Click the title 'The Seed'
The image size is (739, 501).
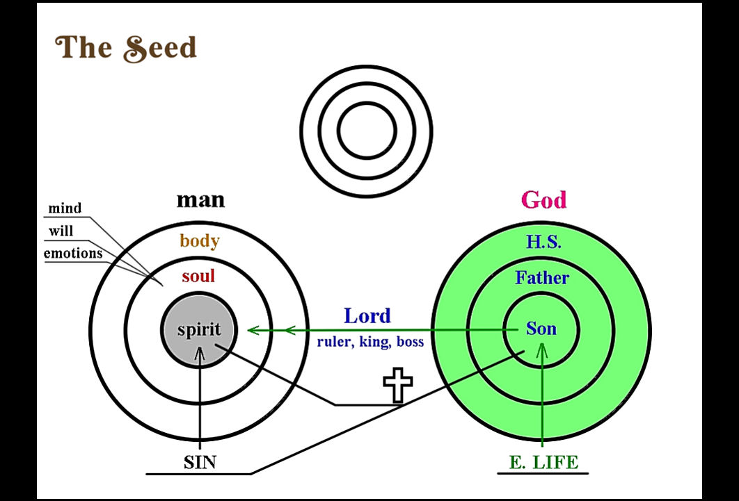(126, 48)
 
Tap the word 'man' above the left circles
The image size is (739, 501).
(201, 200)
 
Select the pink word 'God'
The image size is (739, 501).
(544, 200)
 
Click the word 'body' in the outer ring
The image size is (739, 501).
(200, 241)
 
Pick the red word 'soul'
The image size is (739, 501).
(198, 276)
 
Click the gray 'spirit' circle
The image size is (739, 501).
(199, 329)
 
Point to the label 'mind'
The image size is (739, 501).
(65, 208)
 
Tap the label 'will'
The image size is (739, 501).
(61, 231)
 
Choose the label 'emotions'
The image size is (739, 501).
(73, 253)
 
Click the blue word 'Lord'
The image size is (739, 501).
(367, 315)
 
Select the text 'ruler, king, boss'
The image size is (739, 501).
(370, 341)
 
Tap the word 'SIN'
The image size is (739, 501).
(200, 462)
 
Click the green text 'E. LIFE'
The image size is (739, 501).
(543, 462)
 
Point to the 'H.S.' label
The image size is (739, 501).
(543, 242)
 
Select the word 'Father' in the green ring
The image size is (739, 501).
(542, 277)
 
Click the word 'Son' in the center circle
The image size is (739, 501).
(541, 329)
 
